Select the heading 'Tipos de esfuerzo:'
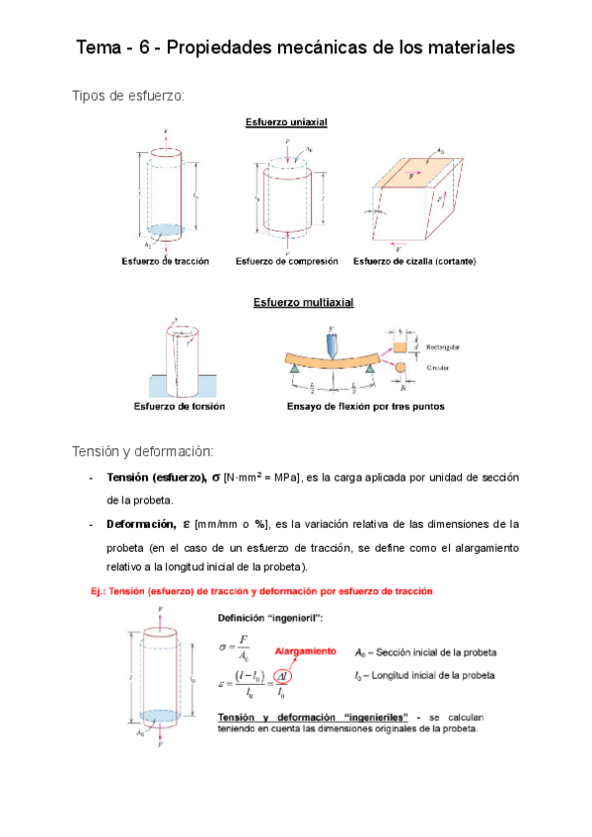(x=128, y=95)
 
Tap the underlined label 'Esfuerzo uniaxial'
(x=286, y=122)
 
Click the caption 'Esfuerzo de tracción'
(x=165, y=262)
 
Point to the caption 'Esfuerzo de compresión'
(x=286, y=262)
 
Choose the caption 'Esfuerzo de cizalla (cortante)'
(x=414, y=262)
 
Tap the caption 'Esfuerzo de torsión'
(x=180, y=407)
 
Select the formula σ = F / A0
(x=235, y=648)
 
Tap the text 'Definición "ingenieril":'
(x=269, y=619)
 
